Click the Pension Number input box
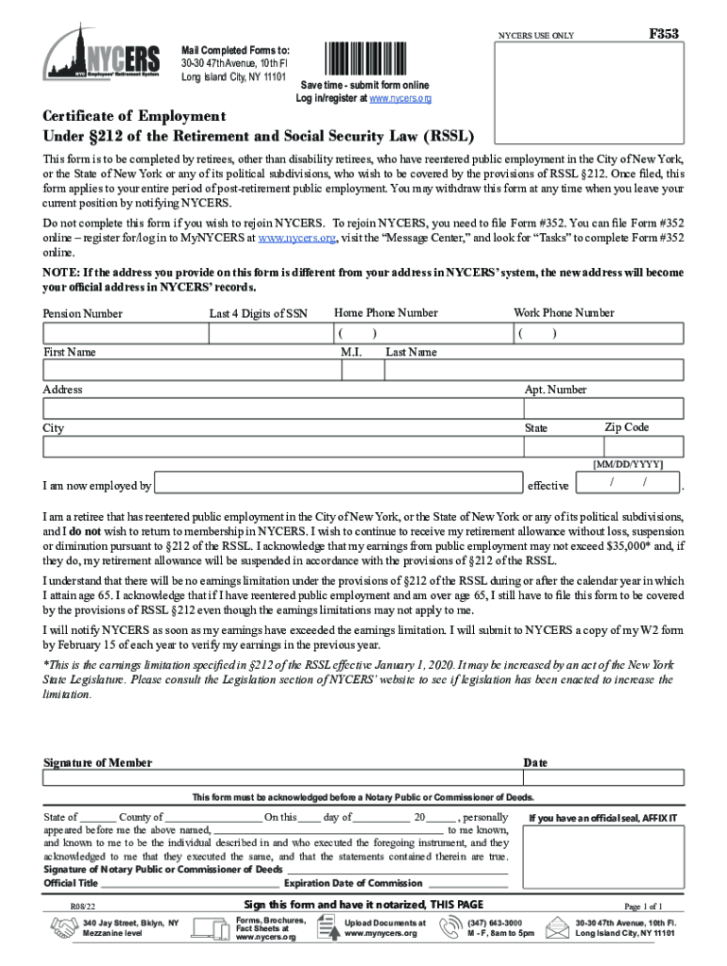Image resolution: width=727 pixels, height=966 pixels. [x=124, y=333]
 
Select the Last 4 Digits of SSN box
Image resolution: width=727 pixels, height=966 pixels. [x=268, y=333]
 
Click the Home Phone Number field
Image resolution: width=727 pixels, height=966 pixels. [x=418, y=333]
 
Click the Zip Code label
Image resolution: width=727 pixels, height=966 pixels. [x=626, y=427]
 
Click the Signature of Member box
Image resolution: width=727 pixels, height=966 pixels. [x=279, y=779]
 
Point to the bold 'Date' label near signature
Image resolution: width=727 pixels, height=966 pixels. [x=535, y=762]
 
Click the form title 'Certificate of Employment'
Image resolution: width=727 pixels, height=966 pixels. [x=134, y=116]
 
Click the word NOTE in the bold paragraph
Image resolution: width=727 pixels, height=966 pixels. [x=60, y=273]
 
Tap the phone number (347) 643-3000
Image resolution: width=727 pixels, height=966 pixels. [x=494, y=923]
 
